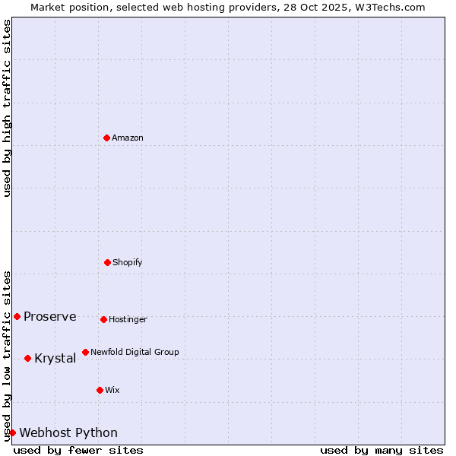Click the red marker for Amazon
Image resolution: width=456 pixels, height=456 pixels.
coord(106,138)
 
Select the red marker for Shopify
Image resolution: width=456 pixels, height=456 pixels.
coord(107,262)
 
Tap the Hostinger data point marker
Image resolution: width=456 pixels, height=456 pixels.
coord(103,319)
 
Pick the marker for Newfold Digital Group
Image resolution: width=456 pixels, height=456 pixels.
coord(85,352)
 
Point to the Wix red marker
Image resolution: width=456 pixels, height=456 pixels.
coord(100,390)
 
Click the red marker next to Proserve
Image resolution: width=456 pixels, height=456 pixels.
coord(17,316)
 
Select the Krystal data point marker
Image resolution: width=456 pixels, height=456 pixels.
coord(27,358)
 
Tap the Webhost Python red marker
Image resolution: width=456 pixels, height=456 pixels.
coord(12,432)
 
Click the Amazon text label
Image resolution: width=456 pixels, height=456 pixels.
coord(128,138)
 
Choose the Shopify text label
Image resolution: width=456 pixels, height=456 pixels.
coord(128,263)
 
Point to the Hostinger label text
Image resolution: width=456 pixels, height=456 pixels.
coord(128,320)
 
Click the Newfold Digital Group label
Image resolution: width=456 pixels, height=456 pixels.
coord(135,353)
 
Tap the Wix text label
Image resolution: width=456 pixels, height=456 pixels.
coord(112,391)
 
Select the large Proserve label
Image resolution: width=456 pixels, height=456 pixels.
coord(50,317)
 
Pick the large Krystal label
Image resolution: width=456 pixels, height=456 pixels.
coord(55,359)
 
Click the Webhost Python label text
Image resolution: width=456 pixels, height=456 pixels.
coord(68,433)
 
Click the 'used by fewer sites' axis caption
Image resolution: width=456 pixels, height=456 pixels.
coord(78,450)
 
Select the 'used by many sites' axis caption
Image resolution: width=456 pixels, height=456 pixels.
coord(382,450)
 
